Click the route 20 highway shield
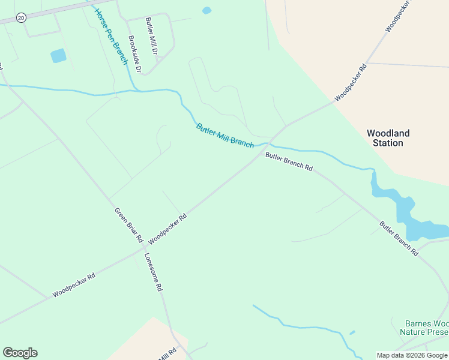coord(21,18)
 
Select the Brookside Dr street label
coord(134,54)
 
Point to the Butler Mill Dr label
coord(151,37)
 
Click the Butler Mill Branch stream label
coord(224,136)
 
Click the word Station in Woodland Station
coord(388,143)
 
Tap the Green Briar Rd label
coord(129,225)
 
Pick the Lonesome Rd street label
coord(153,271)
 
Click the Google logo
coord(20,353)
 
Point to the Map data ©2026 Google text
coord(412,355)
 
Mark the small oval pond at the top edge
coord(207,10)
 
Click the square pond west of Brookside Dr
coord(59,56)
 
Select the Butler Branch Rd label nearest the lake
coord(399,239)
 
